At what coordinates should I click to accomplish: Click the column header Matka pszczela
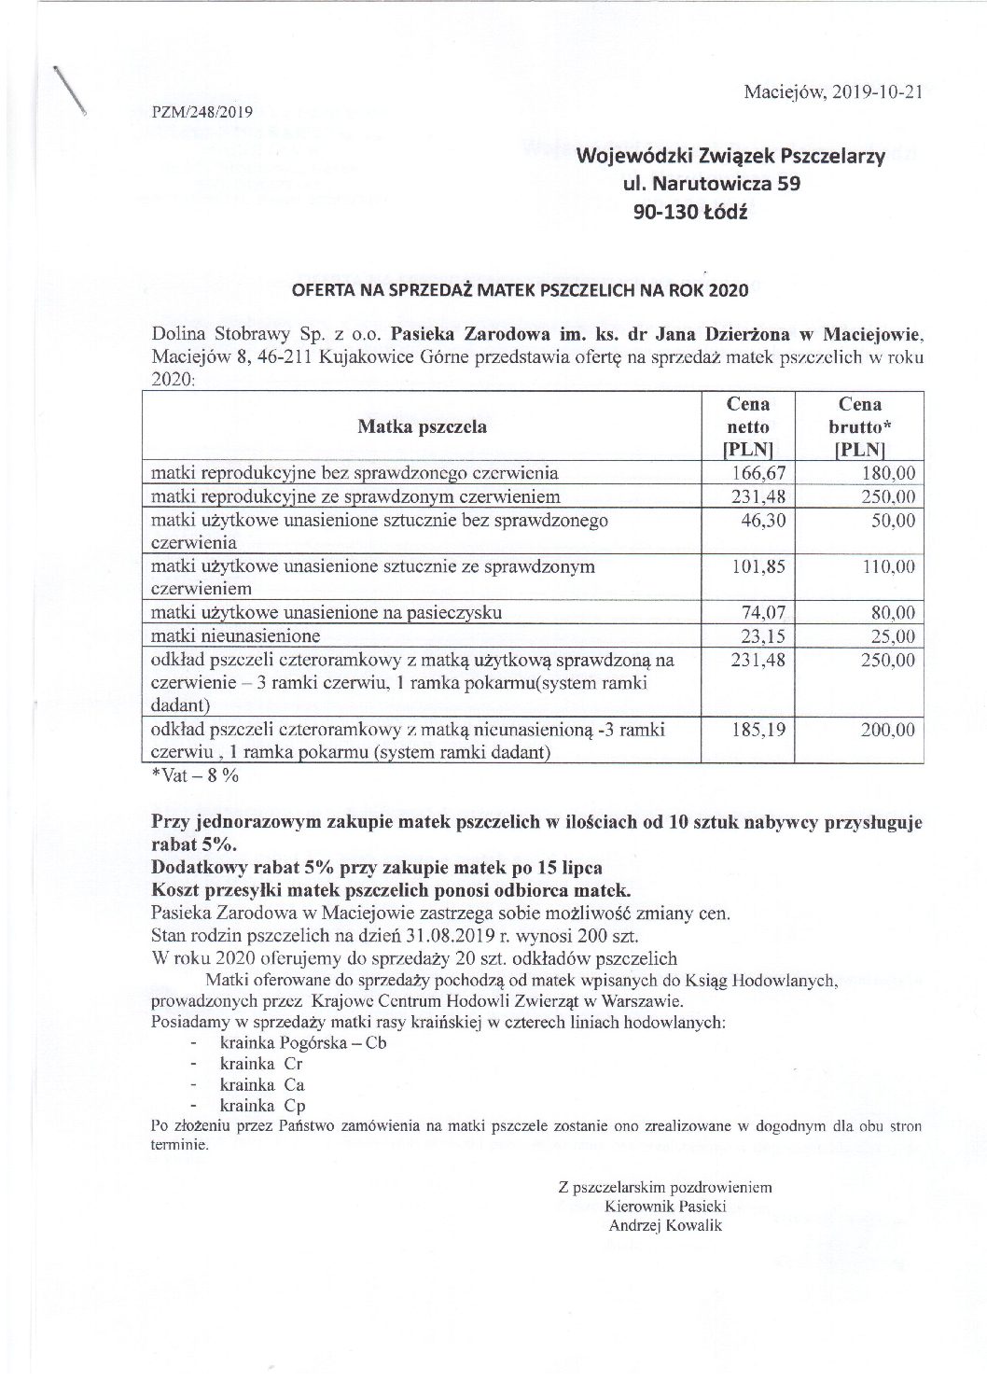(422, 427)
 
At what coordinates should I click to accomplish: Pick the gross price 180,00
(888, 473)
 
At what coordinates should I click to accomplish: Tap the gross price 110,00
(888, 566)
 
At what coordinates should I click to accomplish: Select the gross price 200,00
(888, 730)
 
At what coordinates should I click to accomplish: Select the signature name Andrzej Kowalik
(665, 1226)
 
